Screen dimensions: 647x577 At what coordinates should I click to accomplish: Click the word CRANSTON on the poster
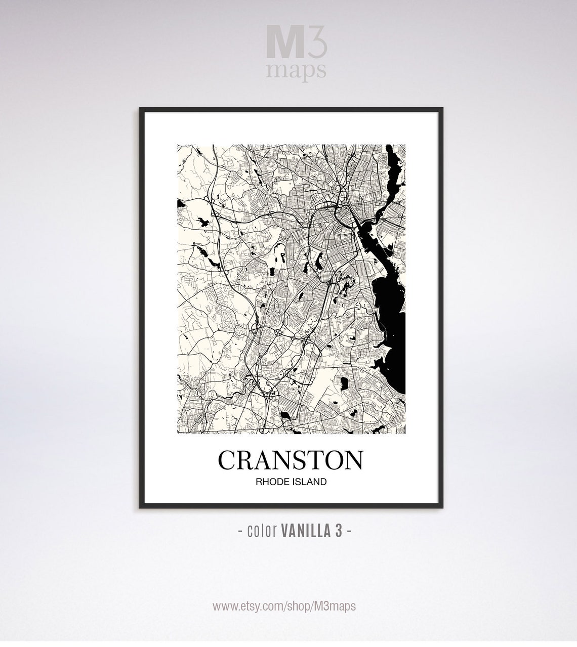[291, 460]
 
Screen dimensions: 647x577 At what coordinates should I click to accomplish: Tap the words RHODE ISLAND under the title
[291, 482]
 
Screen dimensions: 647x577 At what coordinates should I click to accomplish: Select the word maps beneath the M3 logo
[296, 71]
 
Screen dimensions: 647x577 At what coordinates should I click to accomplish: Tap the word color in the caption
[261, 531]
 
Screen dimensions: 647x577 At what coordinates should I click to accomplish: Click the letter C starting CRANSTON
[227, 460]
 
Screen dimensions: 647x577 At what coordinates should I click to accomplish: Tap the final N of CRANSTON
[354, 460]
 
